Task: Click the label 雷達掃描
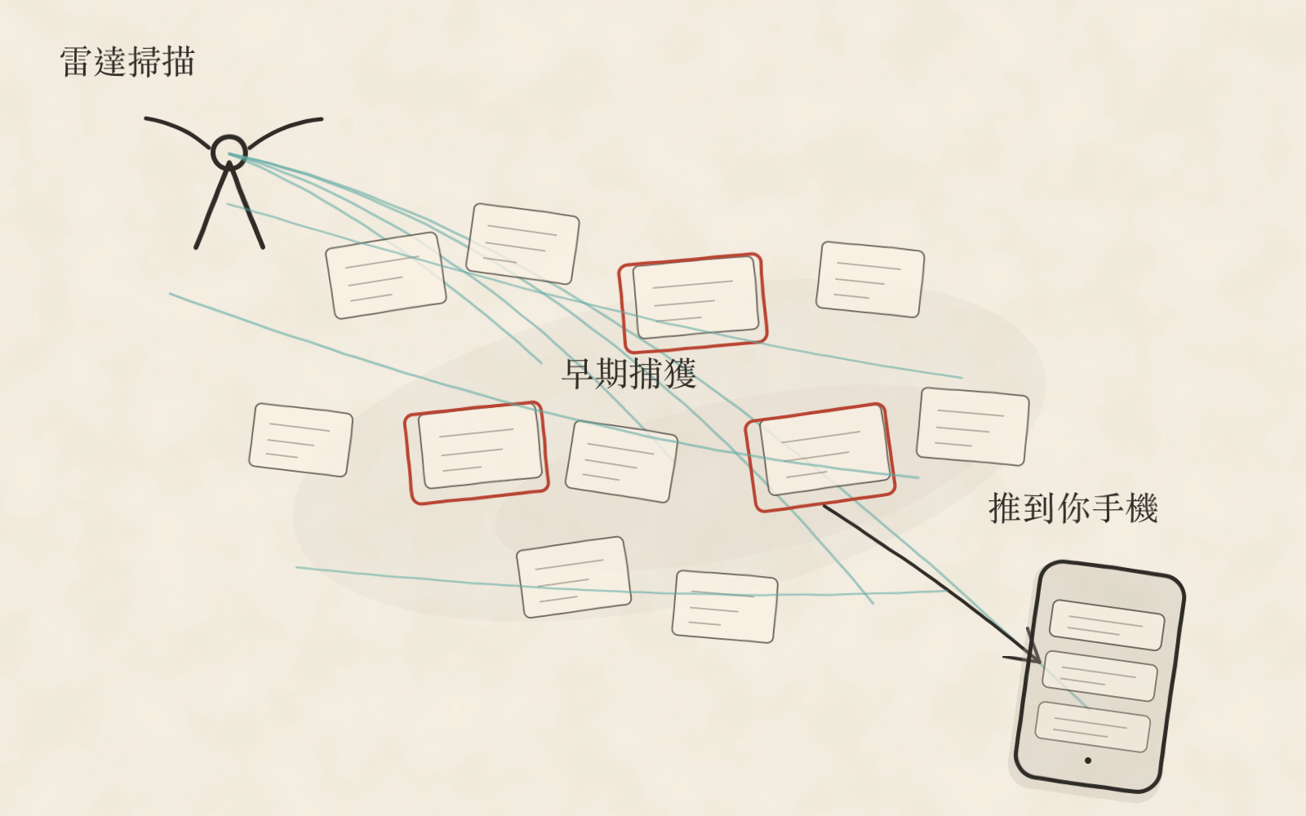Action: tap(127, 62)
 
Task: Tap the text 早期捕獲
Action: tap(629, 374)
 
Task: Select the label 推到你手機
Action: tap(1073, 508)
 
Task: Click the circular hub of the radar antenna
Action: tap(229, 152)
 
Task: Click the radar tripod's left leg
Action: tap(211, 207)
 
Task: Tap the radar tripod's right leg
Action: tap(247, 207)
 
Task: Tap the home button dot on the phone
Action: tap(1087, 760)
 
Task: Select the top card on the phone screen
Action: tap(1107, 625)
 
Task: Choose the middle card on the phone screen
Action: tap(1099, 676)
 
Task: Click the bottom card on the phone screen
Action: tap(1093, 727)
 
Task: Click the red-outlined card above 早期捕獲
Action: tap(693, 303)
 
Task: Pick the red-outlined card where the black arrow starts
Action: tap(820, 458)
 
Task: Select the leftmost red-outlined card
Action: tap(477, 453)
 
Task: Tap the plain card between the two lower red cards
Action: tap(621, 462)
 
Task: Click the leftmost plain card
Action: tap(301, 440)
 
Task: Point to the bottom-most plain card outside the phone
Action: tap(725, 607)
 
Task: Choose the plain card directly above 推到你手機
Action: tap(972, 427)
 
